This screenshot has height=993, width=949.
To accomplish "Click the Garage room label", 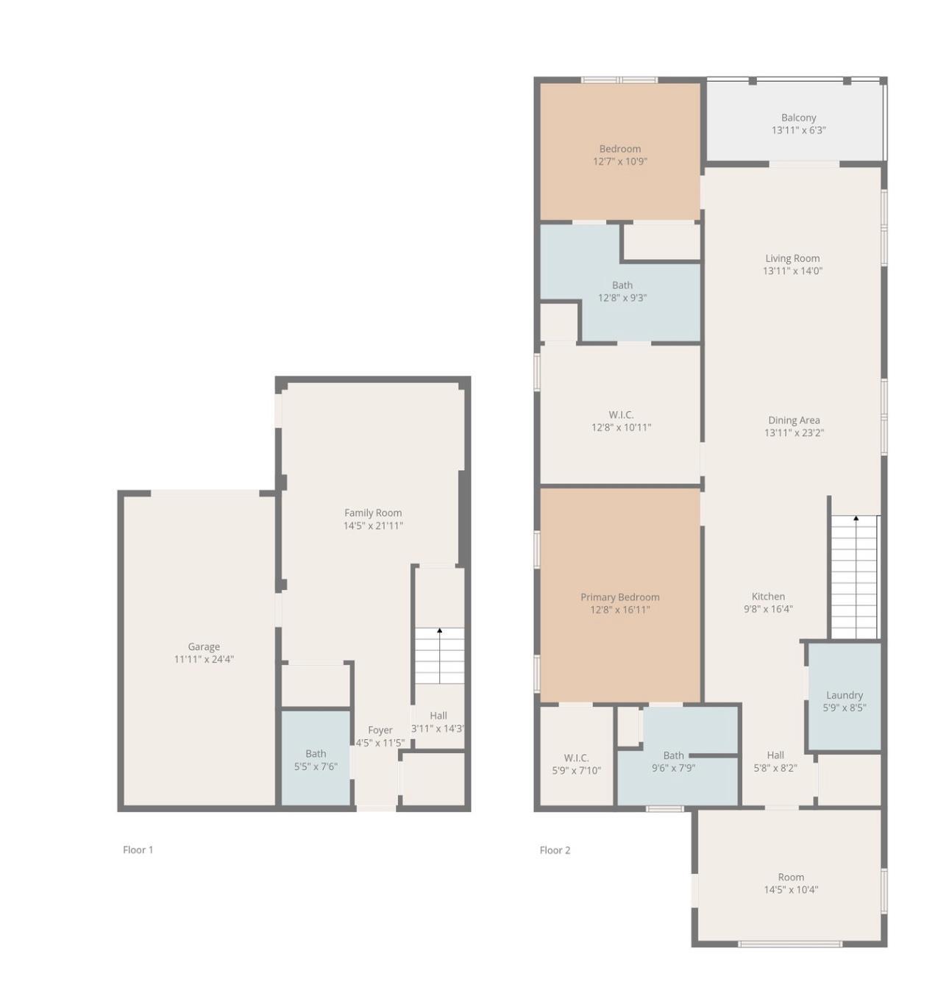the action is (x=204, y=647).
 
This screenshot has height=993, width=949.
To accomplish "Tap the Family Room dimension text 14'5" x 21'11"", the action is (x=373, y=526).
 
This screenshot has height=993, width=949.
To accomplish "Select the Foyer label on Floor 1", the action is (x=380, y=730).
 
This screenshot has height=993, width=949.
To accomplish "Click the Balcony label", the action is (x=798, y=118).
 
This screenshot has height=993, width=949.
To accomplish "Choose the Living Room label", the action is (x=792, y=258).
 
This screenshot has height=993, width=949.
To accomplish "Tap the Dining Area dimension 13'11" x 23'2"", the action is (x=794, y=433).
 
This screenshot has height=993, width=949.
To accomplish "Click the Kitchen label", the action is (x=768, y=596).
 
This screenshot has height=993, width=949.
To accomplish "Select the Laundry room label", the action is (x=845, y=695).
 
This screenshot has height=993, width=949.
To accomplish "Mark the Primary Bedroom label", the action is (x=620, y=597).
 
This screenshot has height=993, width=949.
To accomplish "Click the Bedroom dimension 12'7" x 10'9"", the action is (x=620, y=161).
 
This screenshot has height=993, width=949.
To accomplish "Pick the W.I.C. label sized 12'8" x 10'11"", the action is (x=621, y=415).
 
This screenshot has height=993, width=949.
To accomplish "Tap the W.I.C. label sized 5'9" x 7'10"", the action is (x=577, y=758).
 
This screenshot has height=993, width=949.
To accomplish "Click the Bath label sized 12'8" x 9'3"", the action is (x=622, y=285).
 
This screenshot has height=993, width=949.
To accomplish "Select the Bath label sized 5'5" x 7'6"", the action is (x=316, y=753).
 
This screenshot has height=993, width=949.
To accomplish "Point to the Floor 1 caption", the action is (x=138, y=850).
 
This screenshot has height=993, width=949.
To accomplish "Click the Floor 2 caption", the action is (x=555, y=850).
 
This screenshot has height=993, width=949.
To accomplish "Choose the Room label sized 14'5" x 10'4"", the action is (x=791, y=878).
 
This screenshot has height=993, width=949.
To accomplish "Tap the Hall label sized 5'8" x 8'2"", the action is (x=775, y=755).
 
